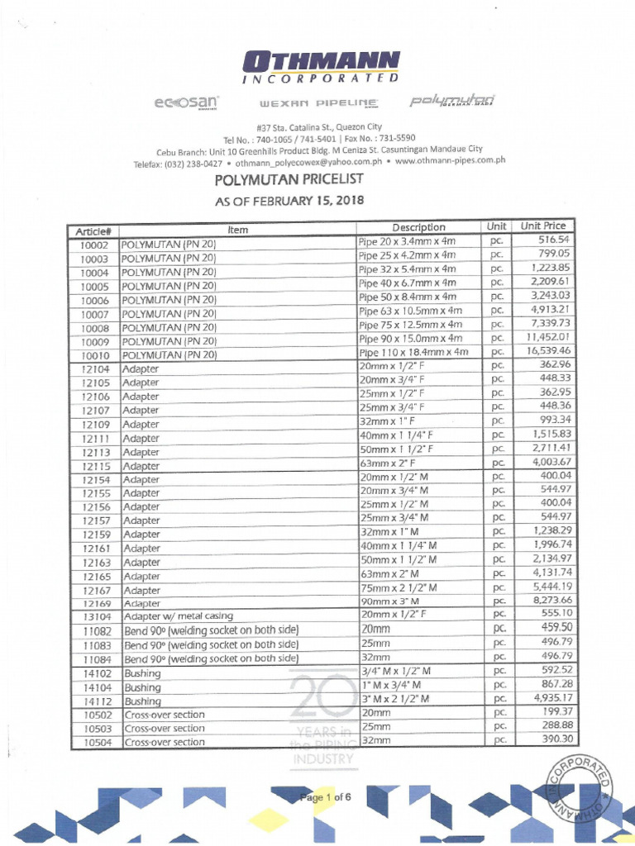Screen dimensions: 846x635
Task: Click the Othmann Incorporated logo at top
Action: (x=322, y=67)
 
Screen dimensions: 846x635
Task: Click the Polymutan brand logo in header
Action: (x=447, y=102)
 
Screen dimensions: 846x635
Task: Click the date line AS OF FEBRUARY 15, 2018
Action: (x=289, y=201)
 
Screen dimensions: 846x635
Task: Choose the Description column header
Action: (x=419, y=227)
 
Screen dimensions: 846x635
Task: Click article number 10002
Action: (x=94, y=245)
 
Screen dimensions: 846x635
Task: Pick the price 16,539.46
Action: (x=544, y=350)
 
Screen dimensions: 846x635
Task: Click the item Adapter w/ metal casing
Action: (x=179, y=615)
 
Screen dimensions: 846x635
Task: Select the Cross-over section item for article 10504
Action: (x=165, y=742)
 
